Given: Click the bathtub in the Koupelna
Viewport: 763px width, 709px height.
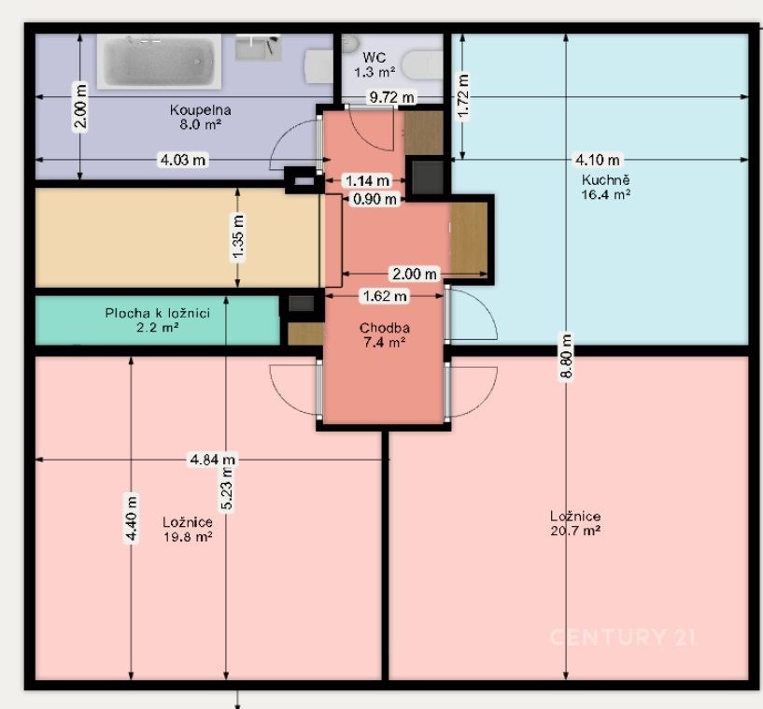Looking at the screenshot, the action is pos(159,62).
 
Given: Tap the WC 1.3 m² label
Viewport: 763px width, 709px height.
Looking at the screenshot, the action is pos(374,64).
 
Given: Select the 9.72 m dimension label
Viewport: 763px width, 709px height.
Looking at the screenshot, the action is pos(391,97).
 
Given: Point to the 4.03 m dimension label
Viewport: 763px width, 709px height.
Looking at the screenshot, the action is pos(183,160).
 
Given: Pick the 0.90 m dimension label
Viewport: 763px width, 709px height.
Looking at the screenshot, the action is pos(374,199).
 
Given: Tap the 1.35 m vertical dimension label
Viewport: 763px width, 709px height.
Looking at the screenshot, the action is pos(238,238).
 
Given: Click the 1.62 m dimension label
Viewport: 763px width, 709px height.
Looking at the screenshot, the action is pos(385,296).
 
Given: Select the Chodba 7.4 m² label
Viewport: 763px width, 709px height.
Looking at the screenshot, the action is pos(385,334).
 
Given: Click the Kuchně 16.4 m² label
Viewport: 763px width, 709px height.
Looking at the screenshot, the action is pos(606,187).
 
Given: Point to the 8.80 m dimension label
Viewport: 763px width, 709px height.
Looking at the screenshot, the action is pos(566,356).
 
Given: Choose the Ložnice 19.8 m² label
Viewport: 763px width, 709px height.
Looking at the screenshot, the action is pos(188,530).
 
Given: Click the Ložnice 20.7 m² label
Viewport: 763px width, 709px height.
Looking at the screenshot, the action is pos(575,523).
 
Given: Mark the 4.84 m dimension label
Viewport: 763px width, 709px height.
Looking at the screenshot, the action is pos(213,460).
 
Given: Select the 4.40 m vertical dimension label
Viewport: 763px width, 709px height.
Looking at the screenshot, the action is pos(132,518).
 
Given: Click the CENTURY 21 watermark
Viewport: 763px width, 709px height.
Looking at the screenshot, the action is pos(623,637).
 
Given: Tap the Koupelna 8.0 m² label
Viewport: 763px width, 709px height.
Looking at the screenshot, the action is pos(201,117).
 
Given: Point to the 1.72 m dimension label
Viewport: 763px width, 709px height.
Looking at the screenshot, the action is pos(463,96).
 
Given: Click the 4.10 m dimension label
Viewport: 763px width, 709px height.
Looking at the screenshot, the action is pos(598,160).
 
